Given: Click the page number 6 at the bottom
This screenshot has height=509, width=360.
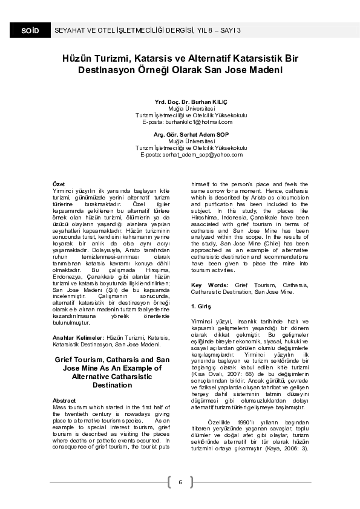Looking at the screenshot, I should pos(180,481).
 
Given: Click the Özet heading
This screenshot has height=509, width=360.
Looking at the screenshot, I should pos(59,183).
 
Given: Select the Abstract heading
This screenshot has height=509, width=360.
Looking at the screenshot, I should pos(64,401).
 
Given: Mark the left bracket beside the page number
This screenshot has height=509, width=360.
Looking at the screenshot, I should pos(168,482).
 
